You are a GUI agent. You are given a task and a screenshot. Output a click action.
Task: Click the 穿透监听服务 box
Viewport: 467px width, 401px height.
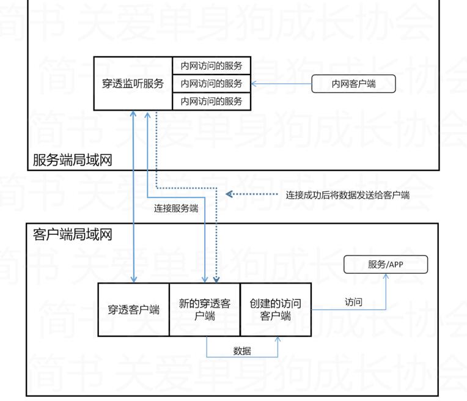(x=133, y=83)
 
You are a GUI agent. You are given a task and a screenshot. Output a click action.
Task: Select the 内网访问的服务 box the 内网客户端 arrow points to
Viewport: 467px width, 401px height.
(x=207, y=83)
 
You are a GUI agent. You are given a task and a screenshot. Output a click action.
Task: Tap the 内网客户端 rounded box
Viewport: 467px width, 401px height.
(x=353, y=84)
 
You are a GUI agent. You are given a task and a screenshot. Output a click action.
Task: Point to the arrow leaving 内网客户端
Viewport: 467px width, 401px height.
(x=281, y=84)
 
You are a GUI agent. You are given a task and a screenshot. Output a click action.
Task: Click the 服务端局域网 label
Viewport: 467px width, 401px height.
(x=72, y=160)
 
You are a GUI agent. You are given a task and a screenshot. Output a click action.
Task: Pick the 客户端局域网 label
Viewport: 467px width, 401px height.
(x=72, y=234)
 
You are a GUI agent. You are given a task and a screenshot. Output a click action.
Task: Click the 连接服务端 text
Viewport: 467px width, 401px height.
(x=176, y=208)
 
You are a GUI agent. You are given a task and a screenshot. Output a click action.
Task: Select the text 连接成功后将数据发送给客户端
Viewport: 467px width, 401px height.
(x=348, y=195)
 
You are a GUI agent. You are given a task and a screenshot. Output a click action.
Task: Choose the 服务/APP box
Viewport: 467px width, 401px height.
(x=386, y=265)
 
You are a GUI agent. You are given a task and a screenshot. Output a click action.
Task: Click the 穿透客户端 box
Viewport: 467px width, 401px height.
(x=133, y=309)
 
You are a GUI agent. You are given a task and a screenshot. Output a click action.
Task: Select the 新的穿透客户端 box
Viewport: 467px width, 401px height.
(x=205, y=309)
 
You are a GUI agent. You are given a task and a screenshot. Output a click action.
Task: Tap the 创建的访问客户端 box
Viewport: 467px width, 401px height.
(x=276, y=309)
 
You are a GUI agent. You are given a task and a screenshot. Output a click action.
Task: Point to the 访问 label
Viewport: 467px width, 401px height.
(x=353, y=302)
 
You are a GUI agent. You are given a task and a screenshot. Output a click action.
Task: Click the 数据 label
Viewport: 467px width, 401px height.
(x=242, y=351)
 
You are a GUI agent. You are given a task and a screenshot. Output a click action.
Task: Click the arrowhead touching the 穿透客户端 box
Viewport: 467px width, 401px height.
(x=133, y=279)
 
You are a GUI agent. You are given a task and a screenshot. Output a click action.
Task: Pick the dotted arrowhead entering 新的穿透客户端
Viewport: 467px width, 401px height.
(x=216, y=279)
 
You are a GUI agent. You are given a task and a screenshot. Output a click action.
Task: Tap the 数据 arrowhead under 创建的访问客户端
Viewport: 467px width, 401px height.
(x=278, y=340)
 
